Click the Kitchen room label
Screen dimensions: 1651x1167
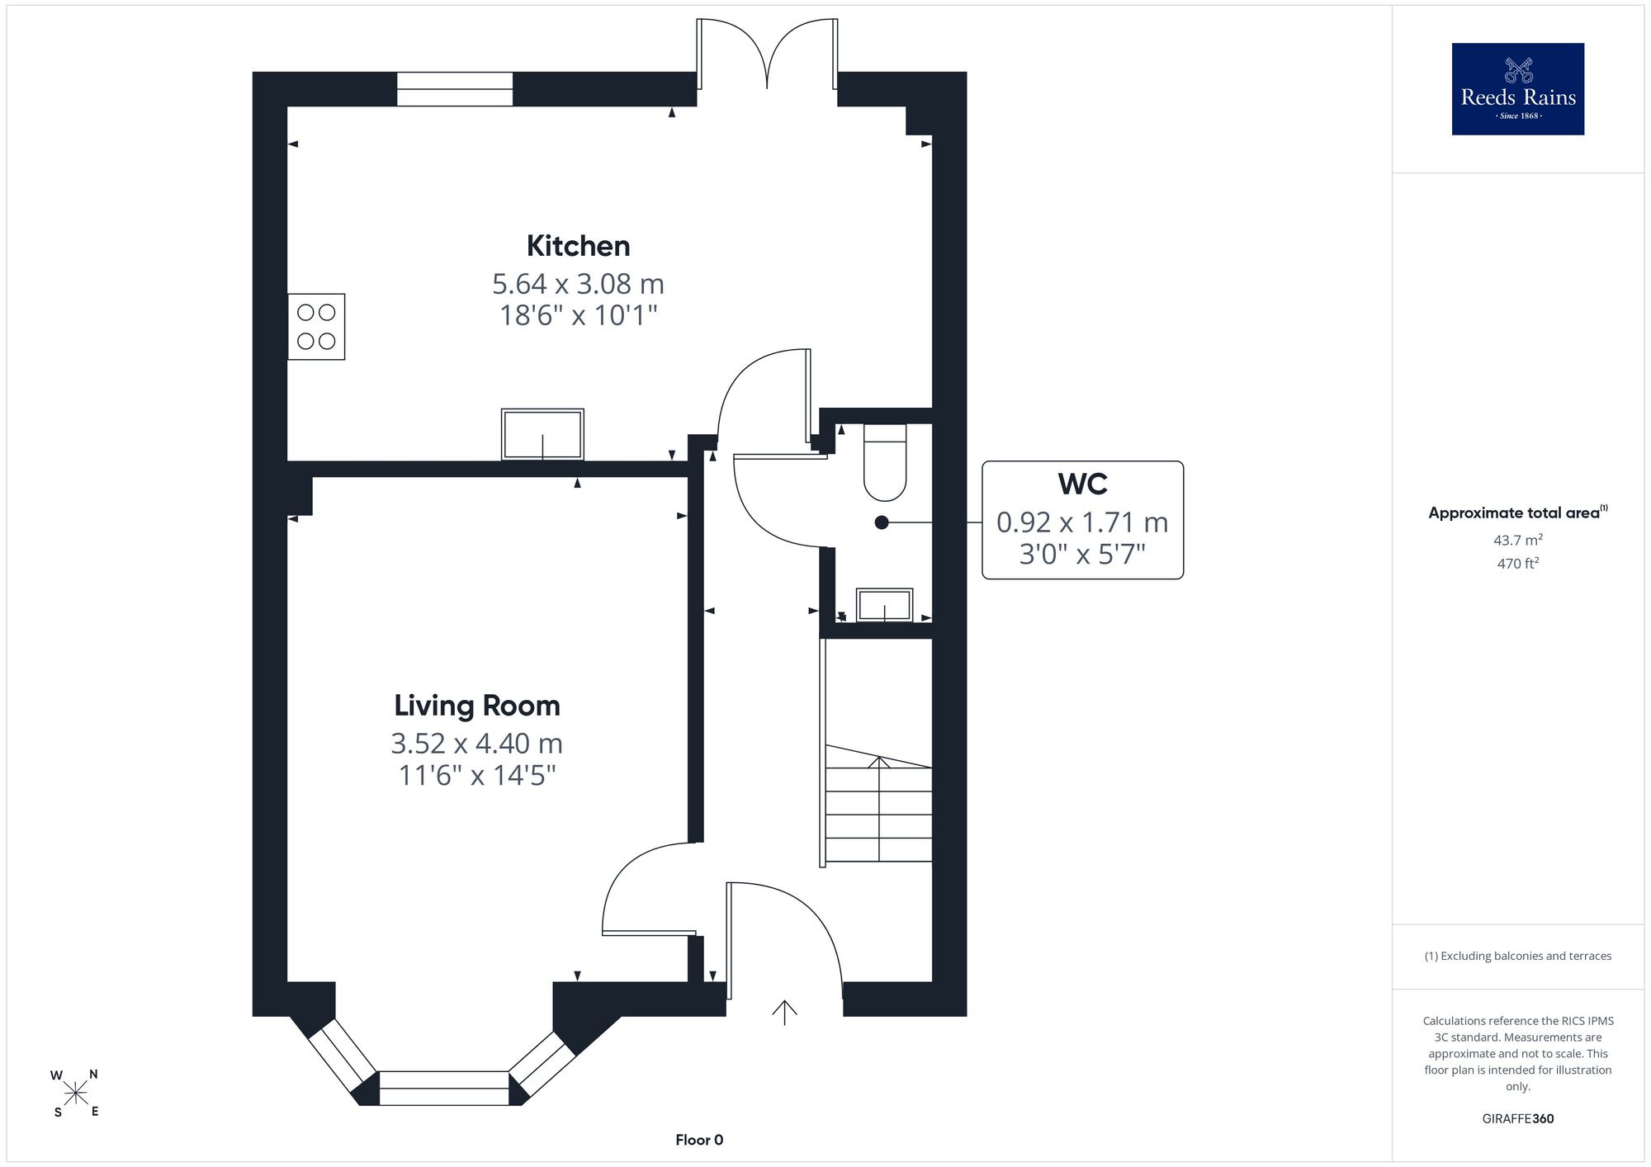(x=578, y=246)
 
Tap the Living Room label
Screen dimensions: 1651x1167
(x=477, y=706)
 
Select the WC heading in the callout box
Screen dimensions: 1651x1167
(x=1082, y=484)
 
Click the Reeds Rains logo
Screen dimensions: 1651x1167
(x=1518, y=89)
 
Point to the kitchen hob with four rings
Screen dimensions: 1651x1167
(x=316, y=327)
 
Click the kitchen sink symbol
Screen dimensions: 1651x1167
(x=542, y=434)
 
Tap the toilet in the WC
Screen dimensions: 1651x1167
(x=885, y=462)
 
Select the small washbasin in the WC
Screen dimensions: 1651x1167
(x=885, y=605)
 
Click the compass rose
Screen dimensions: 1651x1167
(x=76, y=1094)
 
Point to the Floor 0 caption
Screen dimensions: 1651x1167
(x=699, y=1140)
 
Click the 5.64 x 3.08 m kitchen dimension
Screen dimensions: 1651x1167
(x=578, y=284)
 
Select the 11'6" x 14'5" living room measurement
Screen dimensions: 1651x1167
(x=477, y=776)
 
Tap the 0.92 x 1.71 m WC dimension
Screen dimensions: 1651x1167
(x=1082, y=522)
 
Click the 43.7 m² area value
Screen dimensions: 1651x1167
(x=1518, y=541)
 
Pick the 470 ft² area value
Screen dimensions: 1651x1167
(x=1518, y=564)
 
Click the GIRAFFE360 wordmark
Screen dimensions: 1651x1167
(x=1518, y=1119)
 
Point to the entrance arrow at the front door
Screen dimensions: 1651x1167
(x=784, y=1013)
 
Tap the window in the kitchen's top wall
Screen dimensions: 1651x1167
(x=455, y=89)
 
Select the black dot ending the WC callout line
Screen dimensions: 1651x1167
(x=882, y=522)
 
